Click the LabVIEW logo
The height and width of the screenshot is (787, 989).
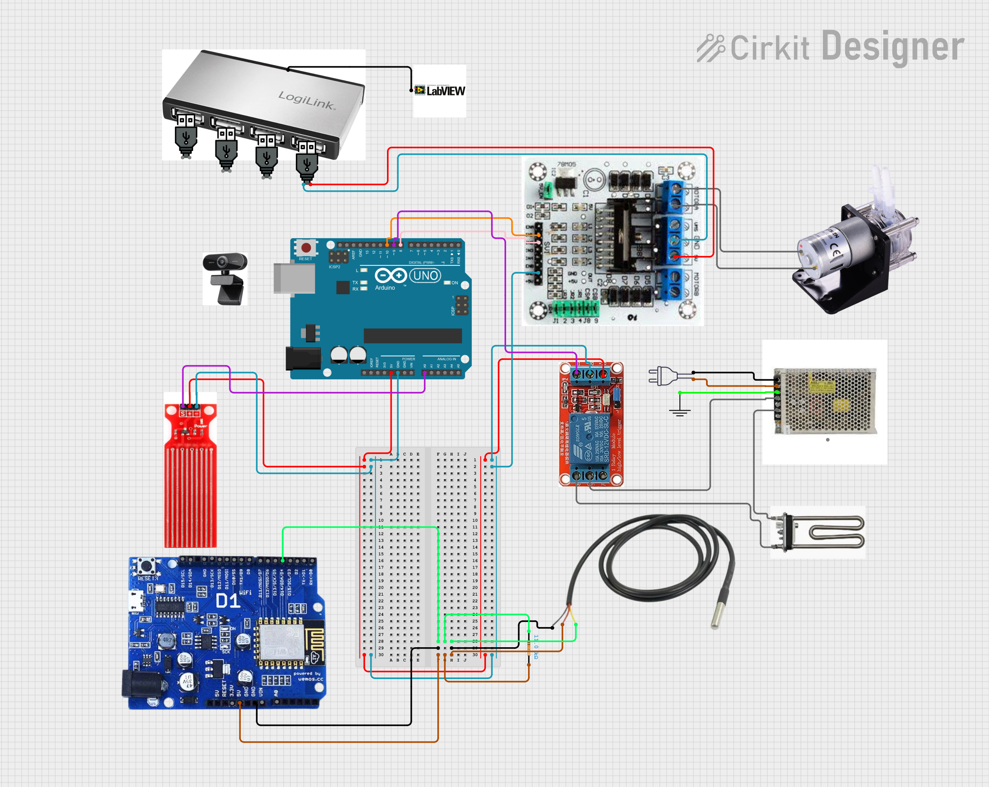[439, 91]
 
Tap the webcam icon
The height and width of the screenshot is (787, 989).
[225, 278]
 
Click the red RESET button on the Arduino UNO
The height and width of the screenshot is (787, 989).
[306, 248]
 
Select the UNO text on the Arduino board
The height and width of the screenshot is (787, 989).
[425, 275]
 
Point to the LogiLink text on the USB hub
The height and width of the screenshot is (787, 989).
[307, 100]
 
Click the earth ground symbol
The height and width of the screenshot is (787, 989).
[679, 411]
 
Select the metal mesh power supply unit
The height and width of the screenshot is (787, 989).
[825, 401]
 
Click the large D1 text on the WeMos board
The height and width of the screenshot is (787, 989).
[228, 601]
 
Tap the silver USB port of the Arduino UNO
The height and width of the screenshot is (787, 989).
[294, 278]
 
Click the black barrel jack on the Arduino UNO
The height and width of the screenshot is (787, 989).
[302, 358]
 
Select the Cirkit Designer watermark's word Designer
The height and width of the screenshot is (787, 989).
[892, 46]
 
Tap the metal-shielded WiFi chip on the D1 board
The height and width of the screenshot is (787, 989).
[281, 640]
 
